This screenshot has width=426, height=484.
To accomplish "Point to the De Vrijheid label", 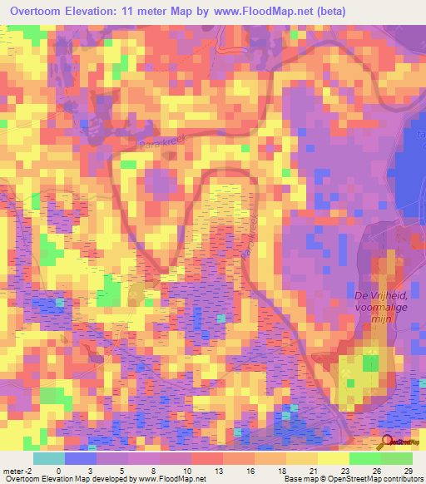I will tap(383, 295).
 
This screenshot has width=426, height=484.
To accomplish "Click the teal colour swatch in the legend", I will tap(48, 458).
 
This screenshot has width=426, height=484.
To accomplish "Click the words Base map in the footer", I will tap(299, 479).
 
